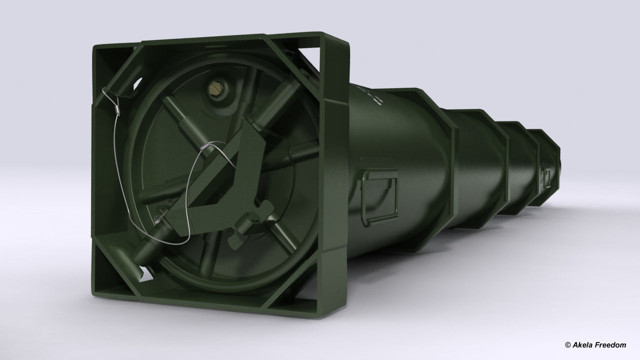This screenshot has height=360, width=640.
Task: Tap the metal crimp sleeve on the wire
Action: click(x=116, y=106)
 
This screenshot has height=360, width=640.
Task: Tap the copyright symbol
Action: click(x=567, y=345)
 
